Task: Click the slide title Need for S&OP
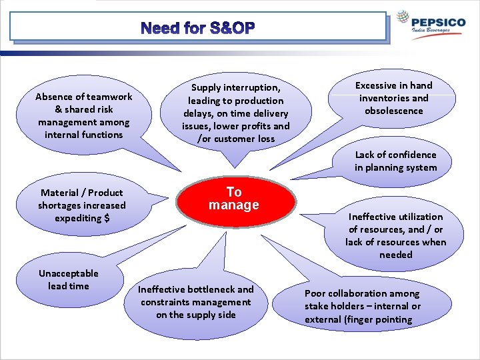click(198, 28)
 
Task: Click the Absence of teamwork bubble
click(84, 115)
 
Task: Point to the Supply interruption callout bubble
click(236, 113)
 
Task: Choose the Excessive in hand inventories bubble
click(393, 98)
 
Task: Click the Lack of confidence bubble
click(395, 161)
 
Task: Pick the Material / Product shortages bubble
click(81, 205)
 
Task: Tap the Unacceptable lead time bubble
click(68, 280)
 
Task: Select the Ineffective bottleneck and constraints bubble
click(196, 302)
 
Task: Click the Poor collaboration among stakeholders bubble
click(363, 306)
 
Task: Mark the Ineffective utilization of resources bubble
click(395, 235)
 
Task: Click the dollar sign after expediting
click(107, 218)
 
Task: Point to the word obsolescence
click(393, 111)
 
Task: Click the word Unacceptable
click(68, 273)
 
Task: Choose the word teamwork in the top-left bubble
click(104, 97)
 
